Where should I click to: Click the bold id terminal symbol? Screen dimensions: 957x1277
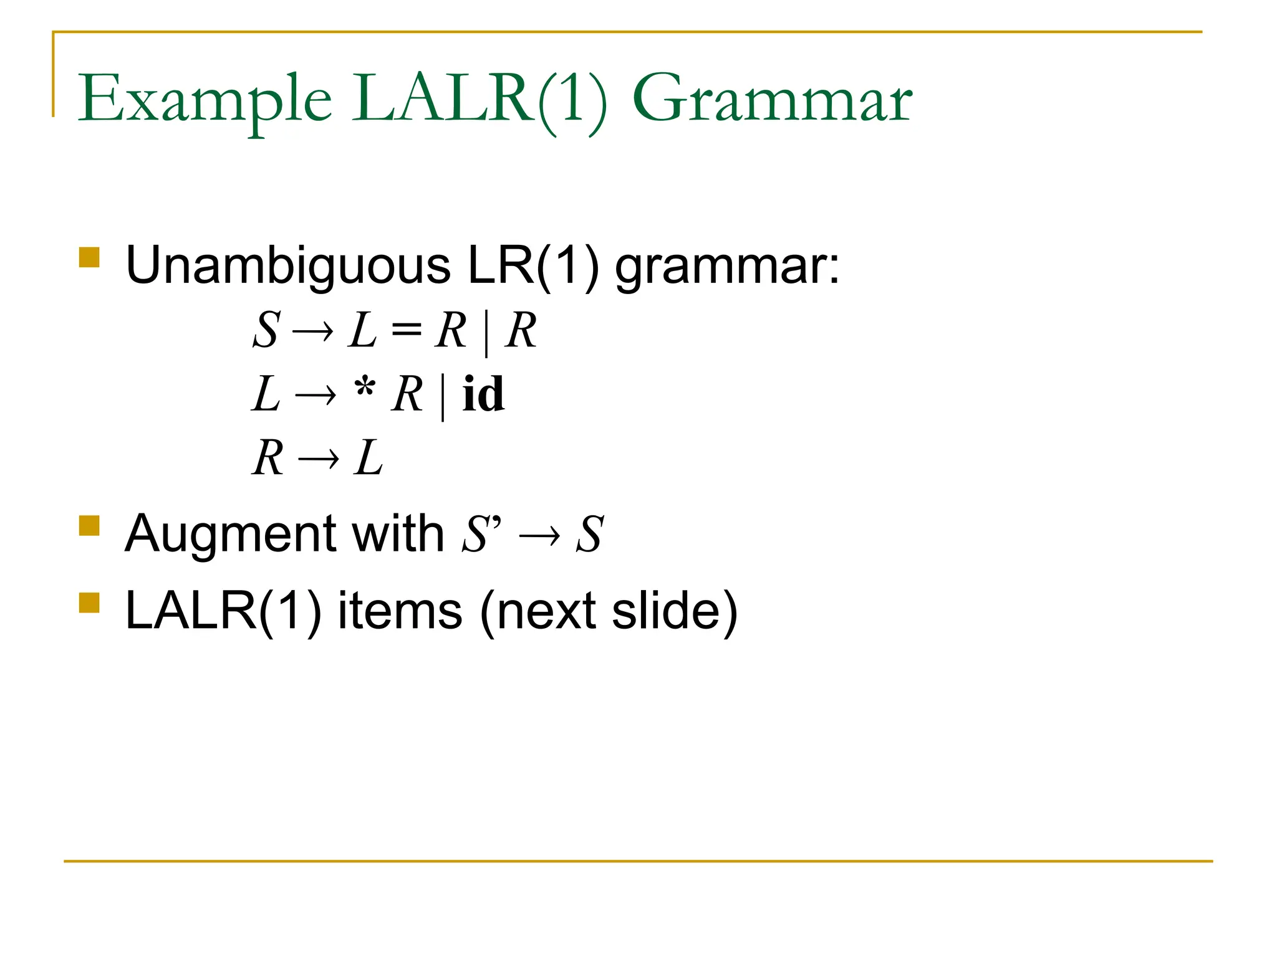click(483, 394)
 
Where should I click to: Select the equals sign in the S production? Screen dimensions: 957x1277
click(406, 330)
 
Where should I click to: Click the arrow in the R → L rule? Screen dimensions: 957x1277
click(319, 460)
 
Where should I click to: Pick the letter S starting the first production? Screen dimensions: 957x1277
click(266, 330)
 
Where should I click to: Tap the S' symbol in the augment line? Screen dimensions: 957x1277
click(481, 535)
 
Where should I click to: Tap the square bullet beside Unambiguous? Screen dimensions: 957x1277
click(90, 257)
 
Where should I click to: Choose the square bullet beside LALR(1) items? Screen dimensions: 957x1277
click(90, 602)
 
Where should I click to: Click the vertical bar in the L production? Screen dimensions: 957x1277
click(443, 396)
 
